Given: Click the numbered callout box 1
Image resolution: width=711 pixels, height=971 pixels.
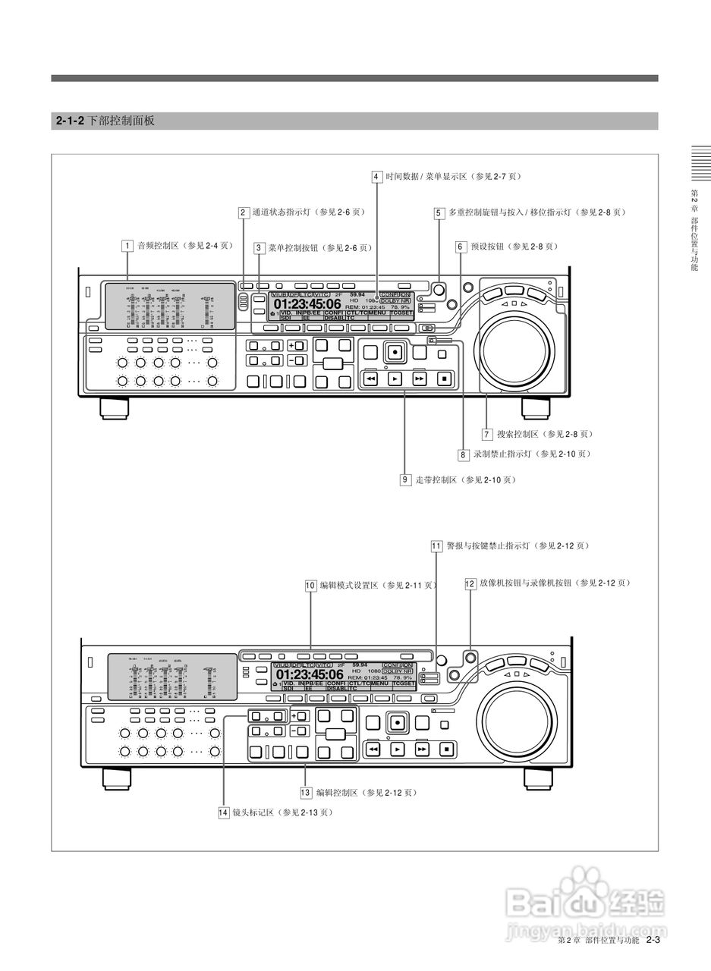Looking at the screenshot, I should (x=127, y=246).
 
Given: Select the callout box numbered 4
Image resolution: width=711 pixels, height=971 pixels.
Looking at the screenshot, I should (x=376, y=177).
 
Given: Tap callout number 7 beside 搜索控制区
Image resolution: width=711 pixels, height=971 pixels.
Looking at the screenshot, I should (x=487, y=435).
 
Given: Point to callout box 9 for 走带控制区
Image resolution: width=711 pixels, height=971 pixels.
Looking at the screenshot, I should (x=406, y=479).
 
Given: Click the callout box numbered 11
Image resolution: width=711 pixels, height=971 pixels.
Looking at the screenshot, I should (x=436, y=545).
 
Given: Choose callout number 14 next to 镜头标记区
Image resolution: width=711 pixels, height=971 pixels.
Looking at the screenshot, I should (x=223, y=812).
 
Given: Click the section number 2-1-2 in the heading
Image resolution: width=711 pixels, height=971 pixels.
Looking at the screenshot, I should (x=70, y=121).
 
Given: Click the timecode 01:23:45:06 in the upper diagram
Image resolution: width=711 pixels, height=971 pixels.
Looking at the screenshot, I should (x=307, y=304).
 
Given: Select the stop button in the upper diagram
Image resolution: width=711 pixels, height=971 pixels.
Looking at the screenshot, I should (x=445, y=378).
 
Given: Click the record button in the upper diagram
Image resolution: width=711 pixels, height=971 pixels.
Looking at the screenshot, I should (x=395, y=352).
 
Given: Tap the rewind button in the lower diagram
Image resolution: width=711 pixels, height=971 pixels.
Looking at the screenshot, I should (x=373, y=749).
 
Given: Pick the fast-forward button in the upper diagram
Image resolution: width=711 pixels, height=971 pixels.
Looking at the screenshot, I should (x=420, y=378).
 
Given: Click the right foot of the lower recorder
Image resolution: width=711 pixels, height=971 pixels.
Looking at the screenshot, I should (x=540, y=778).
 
